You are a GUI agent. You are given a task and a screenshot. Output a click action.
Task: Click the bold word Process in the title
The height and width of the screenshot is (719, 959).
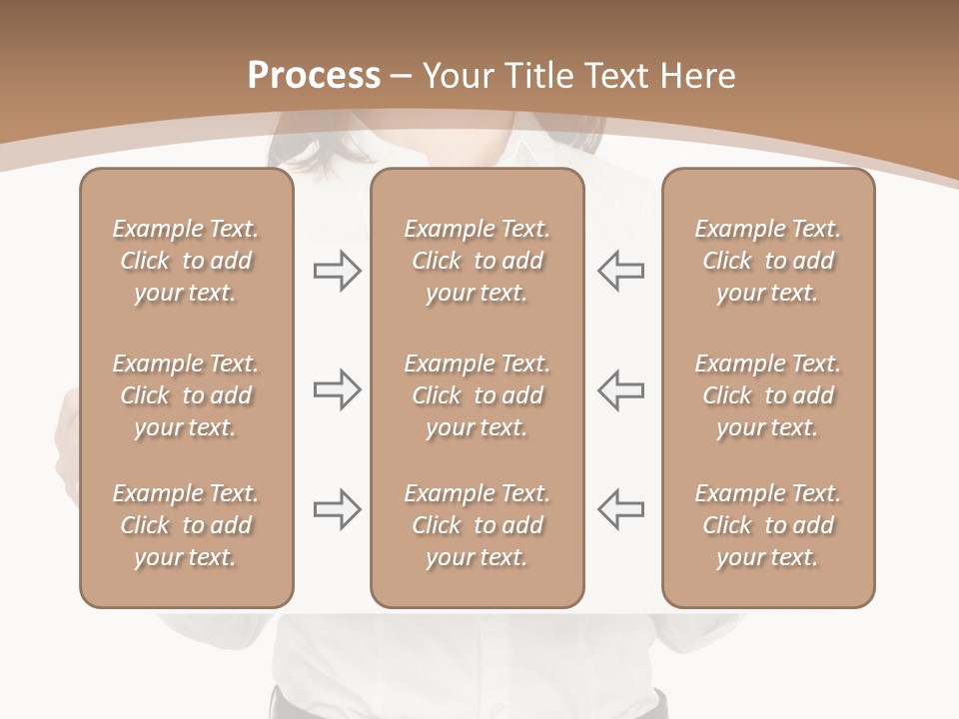[x=314, y=76]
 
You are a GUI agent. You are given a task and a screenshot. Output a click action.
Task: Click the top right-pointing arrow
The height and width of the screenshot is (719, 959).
[x=337, y=271]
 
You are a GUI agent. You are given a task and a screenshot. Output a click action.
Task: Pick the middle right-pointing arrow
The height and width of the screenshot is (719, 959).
[x=337, y=388]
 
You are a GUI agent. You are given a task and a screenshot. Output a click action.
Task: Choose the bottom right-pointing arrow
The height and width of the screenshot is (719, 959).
[x=337, y=508]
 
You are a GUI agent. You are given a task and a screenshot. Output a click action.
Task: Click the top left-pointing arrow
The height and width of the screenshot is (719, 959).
[x=621, y=271]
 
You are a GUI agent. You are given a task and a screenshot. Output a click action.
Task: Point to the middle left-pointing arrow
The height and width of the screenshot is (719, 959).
[x=621, y=388]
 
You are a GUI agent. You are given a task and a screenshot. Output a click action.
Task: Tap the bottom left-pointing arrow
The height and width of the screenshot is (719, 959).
[x=621, y=508]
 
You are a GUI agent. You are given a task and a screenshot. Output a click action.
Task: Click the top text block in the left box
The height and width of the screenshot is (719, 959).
[x=186, y=261]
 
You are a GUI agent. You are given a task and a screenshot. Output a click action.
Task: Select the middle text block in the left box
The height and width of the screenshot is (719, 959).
[x=186, y=395]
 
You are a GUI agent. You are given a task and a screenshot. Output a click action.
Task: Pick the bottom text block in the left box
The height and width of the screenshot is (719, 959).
[x=186, y=525]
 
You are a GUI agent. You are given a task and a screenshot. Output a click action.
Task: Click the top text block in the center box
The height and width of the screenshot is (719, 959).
[x=477, y=261]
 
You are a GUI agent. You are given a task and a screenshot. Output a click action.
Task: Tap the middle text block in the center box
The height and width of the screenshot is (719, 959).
[x=477, y=395]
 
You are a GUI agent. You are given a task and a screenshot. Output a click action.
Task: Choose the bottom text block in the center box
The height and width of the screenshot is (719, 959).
[x=477, y=525]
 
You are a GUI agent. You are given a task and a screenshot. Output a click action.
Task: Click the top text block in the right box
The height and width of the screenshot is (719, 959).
[x=768, y=261]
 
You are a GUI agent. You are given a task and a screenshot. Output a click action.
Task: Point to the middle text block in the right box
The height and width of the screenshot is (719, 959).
[x=768, y=395]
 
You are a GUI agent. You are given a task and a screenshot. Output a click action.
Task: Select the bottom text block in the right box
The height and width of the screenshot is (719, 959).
[x=768, y=525]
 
